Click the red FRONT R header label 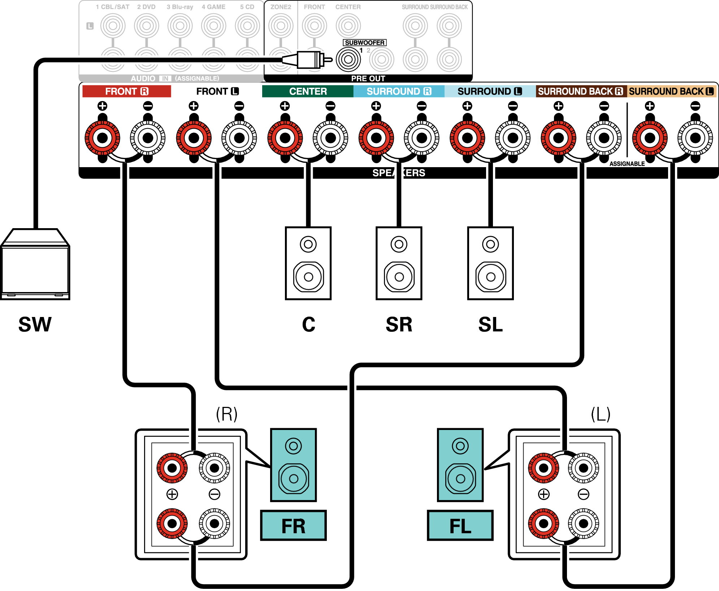[x=126, y=91]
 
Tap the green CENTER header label [x=308, y=91]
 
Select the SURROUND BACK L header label [x=671, y=91]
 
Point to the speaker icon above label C [x=308, y=263]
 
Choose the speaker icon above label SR [x=399, y=263]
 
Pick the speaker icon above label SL [x=490, y=263]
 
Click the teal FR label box [x=293, y=526]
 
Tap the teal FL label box [x=460, y=526]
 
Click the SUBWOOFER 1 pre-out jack [x=348, y=60]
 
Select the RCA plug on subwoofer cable [x=309, y=60]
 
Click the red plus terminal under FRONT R [x=103, y=138]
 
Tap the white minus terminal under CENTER [x=330, y=138]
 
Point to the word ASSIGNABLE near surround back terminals [x=627, y=164]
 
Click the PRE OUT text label [x=368, y=78]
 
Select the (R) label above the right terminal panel [x=227, y=414]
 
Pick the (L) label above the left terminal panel [x=601, y=414]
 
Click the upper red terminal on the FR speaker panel [x=172, y=468]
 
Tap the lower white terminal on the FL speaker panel [x=584, y=523]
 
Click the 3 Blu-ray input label [x=180, y=7]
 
